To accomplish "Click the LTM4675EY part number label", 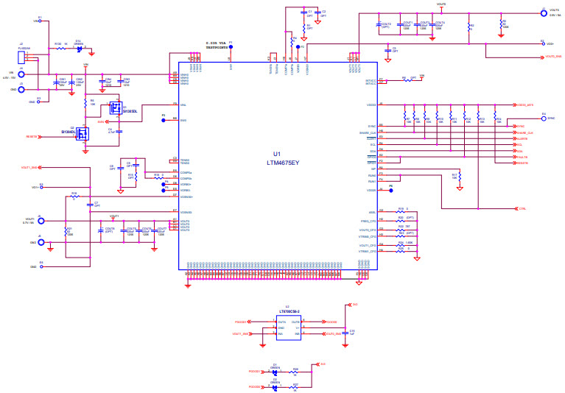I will click(x=283, y=161).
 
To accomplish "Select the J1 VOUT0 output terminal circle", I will click(x=544, y=13).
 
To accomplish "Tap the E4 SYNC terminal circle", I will click(x=544, y=118).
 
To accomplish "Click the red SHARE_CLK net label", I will click(x=525, y=132).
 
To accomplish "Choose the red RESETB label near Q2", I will click(x=32, y=137).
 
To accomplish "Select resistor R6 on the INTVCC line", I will click(x=404, y=79).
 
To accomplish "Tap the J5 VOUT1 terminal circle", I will click(x=41, y=220).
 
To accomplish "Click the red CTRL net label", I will click(x=522, y=209).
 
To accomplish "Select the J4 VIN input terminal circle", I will click(x=21, y=74).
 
